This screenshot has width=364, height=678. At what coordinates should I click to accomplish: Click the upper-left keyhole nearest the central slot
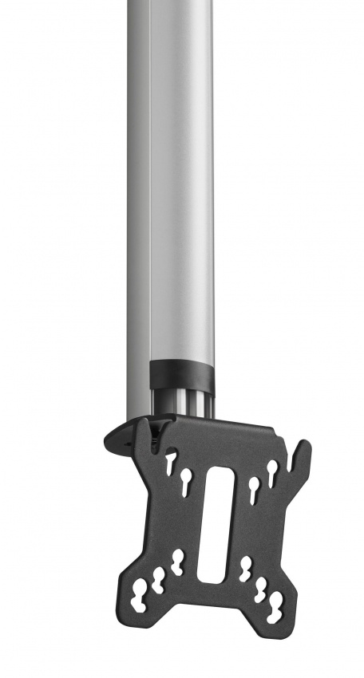pos(187,480)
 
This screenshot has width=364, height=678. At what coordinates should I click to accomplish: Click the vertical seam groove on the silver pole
pos(150,199)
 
